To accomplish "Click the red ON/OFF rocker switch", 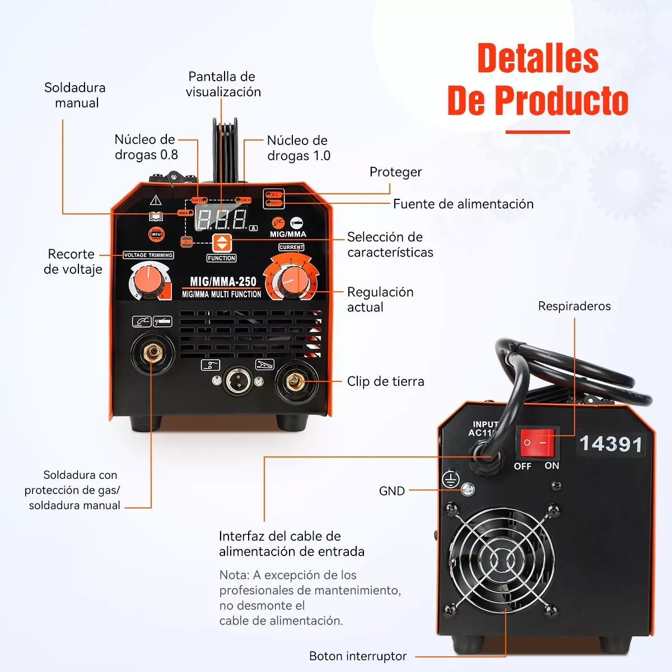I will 537,442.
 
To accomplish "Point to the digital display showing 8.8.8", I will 221,219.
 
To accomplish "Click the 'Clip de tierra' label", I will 385,381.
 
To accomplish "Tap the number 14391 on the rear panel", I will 610,444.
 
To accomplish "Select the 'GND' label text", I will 392,491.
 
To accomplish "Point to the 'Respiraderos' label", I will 574,306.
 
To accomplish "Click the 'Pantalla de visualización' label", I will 223,85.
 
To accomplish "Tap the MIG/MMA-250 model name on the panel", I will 223,282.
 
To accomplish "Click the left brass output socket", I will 152,352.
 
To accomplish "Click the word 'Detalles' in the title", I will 538,58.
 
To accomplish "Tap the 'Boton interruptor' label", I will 358,656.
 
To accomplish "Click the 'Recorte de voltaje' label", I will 73,262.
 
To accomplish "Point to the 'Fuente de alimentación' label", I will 463,204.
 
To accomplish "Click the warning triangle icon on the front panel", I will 156,200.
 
